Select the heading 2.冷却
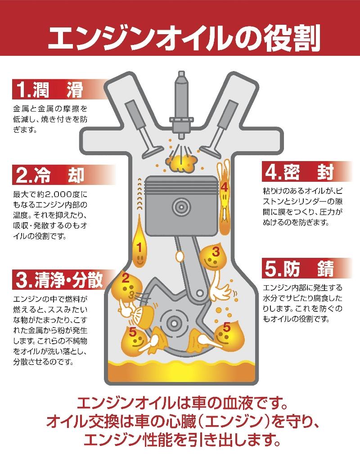pos(49,175)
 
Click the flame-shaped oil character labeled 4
pos(224,193)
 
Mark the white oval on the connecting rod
pos(181,256)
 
